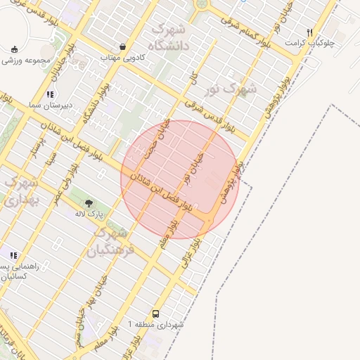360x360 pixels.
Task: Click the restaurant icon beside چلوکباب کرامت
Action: tap(309, 32)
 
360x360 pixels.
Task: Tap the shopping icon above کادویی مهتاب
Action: tap(123, 46)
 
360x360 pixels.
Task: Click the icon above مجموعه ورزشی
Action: tap(15, 49)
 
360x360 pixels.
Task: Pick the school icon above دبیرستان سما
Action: tap(49, 94)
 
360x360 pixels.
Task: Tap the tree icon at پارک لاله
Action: tap(89, 202)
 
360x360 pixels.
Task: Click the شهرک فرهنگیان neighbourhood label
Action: tap(108, 240)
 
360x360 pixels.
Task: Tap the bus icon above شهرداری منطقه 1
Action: tap(155, 314)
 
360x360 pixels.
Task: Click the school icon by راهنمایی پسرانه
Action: tap(13, 255)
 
